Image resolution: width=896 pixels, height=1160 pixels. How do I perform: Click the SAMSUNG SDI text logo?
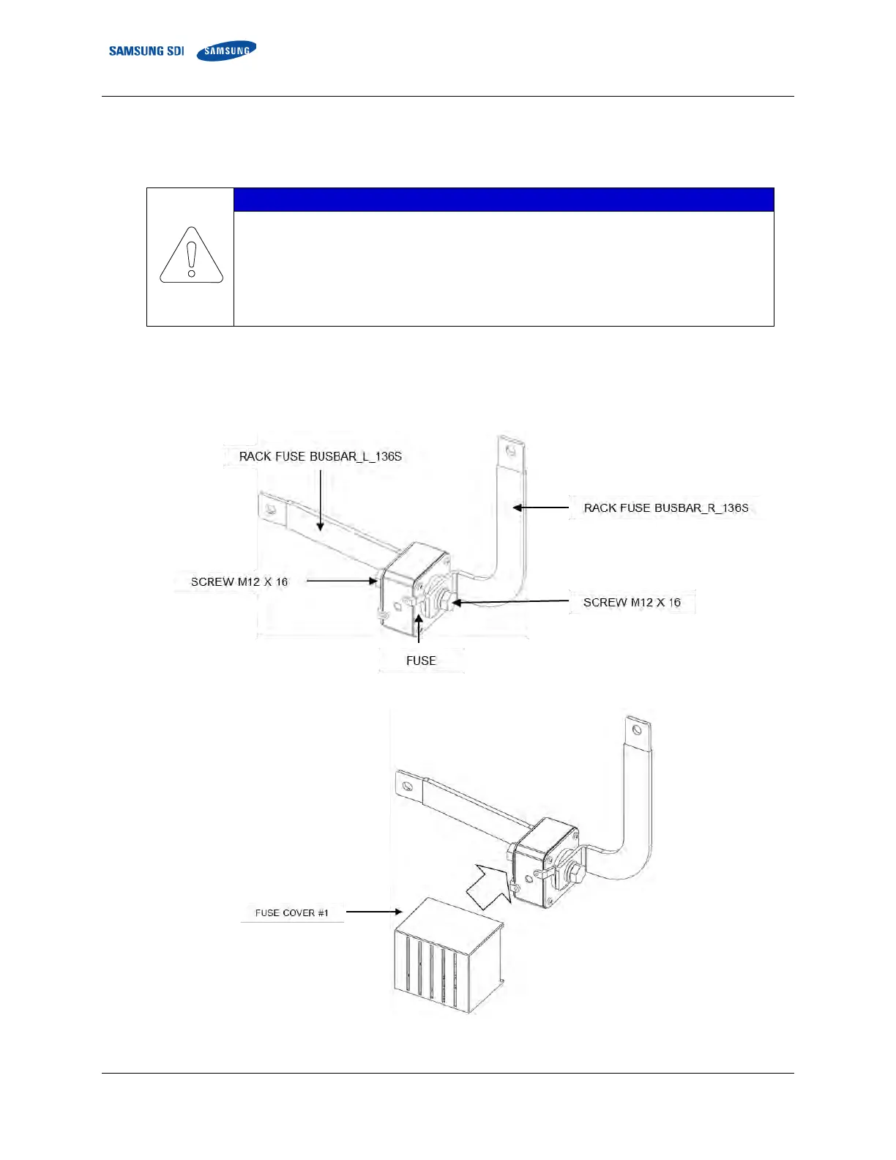point(146,51)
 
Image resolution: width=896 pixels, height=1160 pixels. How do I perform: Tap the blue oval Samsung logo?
point(226,51)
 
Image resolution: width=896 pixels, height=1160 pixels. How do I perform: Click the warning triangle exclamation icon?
point(191,256)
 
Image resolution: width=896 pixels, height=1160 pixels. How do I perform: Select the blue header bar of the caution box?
point(503,200)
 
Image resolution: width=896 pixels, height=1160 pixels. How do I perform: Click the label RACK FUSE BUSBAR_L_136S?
point(320,456)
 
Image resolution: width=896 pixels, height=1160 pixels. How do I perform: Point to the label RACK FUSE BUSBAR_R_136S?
point(665,508)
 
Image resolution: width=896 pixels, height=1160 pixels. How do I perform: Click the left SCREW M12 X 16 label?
point(239,581)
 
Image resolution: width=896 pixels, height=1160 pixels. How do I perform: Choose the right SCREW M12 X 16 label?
point(632,602)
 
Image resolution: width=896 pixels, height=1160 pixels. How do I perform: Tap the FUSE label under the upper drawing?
point(421,661)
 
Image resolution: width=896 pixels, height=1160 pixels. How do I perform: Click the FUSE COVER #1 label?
point(291,912)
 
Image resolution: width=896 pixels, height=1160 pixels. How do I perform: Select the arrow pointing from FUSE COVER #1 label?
point(373,912)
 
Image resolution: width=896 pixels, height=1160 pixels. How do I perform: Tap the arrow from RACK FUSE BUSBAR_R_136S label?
point(540,508)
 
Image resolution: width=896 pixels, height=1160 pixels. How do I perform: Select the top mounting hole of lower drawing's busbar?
point(637,730)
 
